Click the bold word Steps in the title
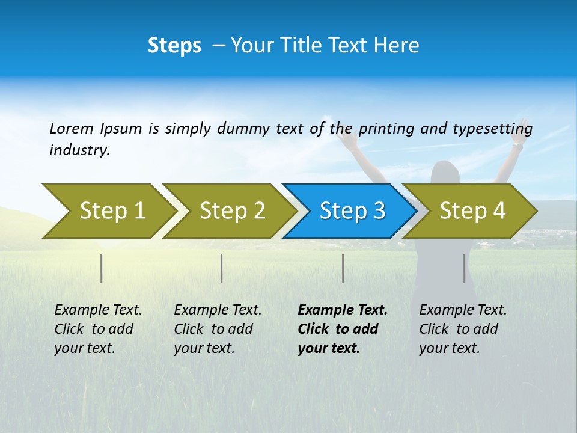coord(174,46)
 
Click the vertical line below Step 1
coord(102,268)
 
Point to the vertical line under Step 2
coord(222,268)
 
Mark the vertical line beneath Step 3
coord(343,268)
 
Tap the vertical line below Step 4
coord(465,268)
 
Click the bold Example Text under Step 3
coord(343,310)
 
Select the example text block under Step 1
coord(97,329)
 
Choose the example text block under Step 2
coord(217,329)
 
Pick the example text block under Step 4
coord(462,329)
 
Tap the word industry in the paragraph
coord(79,150)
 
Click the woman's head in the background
coord(445,171)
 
